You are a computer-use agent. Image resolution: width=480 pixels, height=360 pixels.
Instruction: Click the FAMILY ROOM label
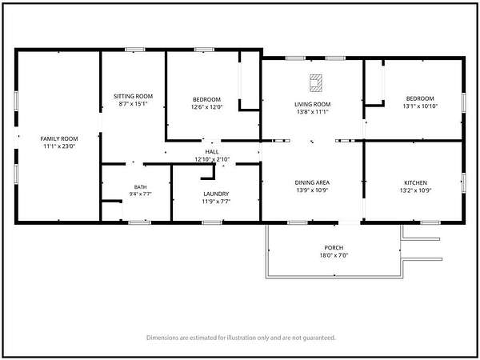click(x=59, y=138)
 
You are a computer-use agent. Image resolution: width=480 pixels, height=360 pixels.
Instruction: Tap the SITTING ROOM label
click(x=133, y=96)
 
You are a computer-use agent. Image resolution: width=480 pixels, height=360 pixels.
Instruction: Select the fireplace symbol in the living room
click(x=316, y=83)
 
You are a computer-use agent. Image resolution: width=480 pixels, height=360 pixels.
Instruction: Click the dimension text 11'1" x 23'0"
click(x=59, y=146)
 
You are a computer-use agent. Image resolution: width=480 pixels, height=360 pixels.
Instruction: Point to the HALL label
click(x=212, y=152)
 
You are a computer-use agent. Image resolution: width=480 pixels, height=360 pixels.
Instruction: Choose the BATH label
click(x=141, y=187)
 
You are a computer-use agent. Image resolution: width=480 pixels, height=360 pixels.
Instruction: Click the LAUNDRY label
click(x=216, y=194)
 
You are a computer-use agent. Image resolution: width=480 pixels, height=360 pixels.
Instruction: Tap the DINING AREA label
click(x=312, y=182)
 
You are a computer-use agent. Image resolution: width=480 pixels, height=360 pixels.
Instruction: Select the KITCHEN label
click(x=416, y=182)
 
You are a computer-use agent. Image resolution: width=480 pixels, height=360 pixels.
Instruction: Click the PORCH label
click(x=334, y=248)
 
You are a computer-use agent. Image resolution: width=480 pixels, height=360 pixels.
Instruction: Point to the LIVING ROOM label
click(x=313, y=104)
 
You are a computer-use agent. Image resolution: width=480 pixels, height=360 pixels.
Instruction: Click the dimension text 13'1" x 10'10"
click(x=420, y=106)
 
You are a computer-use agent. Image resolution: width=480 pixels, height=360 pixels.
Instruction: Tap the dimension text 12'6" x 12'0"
click(x=207, y=107)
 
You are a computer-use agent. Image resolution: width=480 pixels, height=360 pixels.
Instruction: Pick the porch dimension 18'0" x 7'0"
click(x=334, y=255)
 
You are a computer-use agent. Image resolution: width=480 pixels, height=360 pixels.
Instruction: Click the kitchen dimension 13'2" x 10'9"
click(x=416, y=190)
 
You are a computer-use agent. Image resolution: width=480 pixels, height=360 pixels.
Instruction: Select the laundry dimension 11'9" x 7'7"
click(x=216, y=202)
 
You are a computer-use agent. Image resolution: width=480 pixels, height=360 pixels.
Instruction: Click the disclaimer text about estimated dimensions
click(x=241, y=338)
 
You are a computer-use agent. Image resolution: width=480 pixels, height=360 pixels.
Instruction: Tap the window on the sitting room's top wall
click(x=134, y=50)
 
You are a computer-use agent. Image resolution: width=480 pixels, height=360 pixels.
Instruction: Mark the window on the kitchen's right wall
click(x=464, y=183)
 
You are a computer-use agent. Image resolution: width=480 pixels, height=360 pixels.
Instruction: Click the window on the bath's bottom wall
click(x=139, y=222)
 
